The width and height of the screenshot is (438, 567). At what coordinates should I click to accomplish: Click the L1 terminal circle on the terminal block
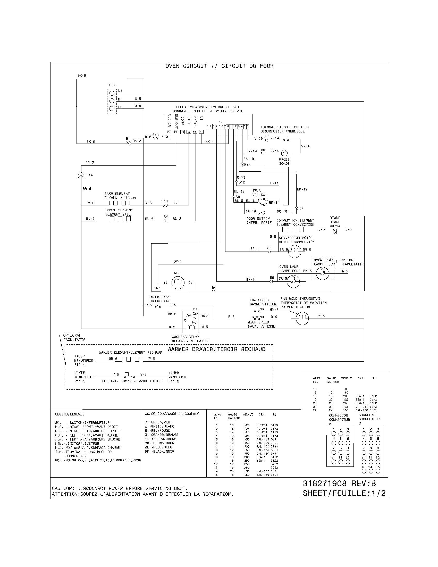112,93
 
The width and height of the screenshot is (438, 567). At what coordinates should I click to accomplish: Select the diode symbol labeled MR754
335,232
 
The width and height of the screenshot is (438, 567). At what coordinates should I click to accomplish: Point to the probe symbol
284,153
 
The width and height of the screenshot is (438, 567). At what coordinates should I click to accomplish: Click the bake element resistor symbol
120,203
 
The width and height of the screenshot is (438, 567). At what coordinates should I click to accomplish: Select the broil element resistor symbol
120,219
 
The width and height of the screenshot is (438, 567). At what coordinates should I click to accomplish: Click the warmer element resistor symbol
133,359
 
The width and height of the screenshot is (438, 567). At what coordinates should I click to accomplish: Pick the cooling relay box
190,321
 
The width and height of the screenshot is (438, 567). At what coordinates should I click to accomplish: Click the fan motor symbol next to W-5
302,318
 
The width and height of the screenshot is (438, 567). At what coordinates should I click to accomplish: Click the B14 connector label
89,175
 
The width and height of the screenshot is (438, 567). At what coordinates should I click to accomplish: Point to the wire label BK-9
81,76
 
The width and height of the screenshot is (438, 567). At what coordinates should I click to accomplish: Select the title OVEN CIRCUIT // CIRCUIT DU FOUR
220,66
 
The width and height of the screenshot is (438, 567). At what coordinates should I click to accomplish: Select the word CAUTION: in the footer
63,489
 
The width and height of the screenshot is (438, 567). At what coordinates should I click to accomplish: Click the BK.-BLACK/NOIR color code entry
159,452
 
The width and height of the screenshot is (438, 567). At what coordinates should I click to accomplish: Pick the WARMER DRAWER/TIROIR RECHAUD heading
216,349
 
